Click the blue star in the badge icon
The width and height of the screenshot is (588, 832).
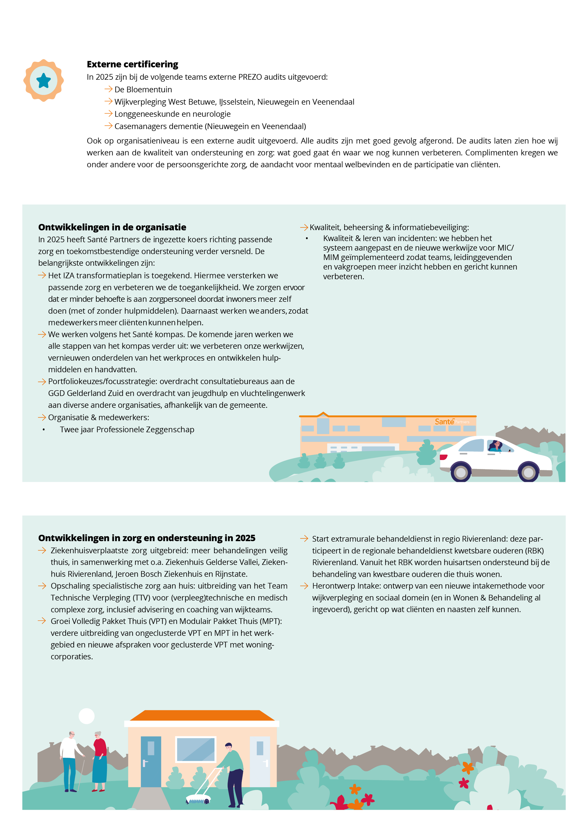44,80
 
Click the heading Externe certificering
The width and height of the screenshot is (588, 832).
132,64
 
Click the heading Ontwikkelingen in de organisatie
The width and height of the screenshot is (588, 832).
112,227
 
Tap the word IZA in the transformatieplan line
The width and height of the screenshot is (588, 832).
69,276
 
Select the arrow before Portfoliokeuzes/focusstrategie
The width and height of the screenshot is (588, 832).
42,382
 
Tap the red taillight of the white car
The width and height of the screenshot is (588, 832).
443,457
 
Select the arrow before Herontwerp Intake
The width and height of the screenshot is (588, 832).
304,586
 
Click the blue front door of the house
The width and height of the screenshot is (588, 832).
151,762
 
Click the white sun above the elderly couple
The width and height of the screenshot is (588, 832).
87,716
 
